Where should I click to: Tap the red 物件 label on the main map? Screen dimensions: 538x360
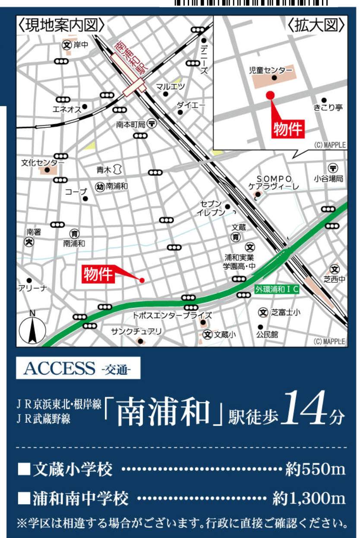98,275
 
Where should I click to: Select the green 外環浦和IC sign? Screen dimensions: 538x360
277,289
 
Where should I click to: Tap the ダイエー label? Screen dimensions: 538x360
191,105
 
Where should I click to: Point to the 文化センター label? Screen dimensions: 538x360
42,163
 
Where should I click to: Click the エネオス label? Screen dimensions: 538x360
66,109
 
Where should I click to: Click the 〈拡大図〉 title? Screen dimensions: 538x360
317,25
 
